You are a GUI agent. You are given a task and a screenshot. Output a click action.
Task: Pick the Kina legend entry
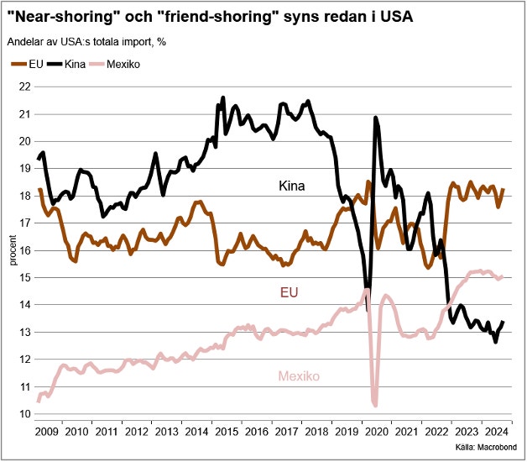pos(76,64)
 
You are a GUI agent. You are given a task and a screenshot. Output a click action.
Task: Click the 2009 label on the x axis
pos(48,432)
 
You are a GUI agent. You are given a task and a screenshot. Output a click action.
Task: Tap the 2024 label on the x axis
pos(496,432)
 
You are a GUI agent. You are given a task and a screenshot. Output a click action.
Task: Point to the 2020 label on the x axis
pos(376,432)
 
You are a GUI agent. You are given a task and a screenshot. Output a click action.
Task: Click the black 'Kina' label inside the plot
pos(291,185)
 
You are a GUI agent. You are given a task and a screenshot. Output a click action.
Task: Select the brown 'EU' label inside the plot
pos(288,292)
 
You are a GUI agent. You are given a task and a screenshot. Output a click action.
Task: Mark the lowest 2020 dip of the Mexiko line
pos(375,405)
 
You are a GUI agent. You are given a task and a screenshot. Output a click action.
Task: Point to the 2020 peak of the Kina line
pos(375,118)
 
